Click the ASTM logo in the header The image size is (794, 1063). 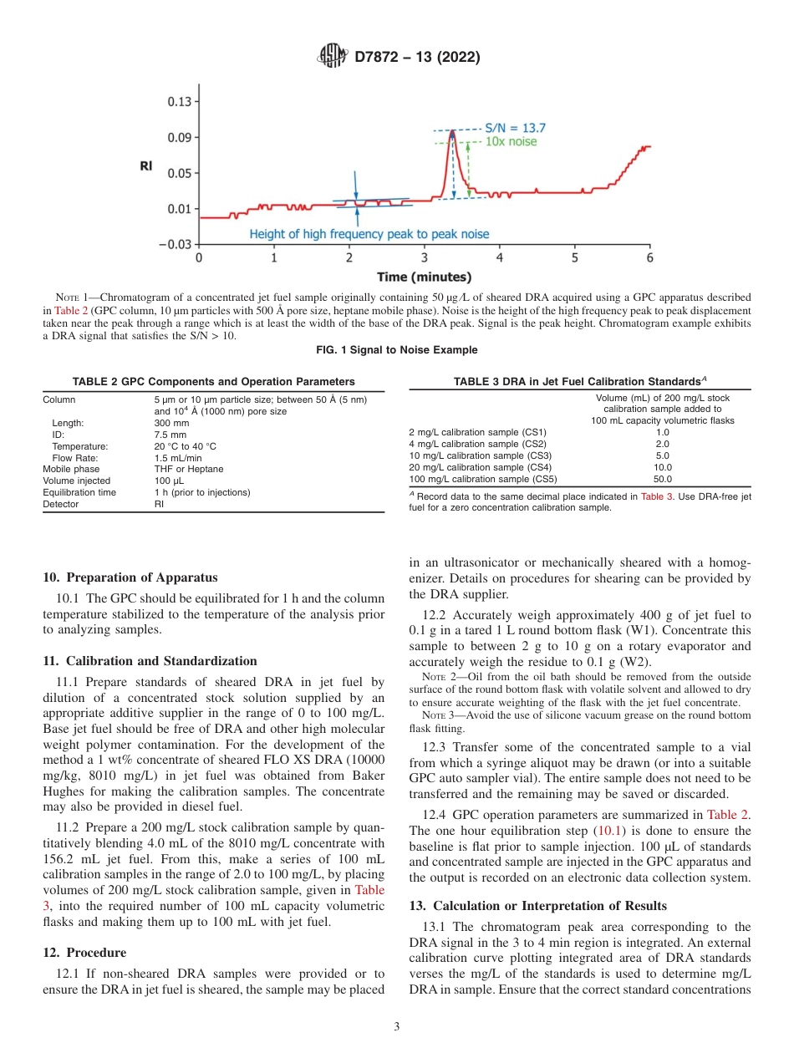(x=333, y=58)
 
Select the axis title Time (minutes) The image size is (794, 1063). (x=423, y=277)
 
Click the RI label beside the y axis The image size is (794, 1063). (x=145, y=166)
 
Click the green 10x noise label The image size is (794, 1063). (x=511, y=142)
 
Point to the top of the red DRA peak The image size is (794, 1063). (x=452, y=131)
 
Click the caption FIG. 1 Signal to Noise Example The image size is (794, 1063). (x=397, y=349)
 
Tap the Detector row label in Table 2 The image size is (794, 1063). (x=60, y=504)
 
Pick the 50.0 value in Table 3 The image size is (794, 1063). (x=662, y=480)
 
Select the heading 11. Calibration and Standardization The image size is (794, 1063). (x=150, y=661)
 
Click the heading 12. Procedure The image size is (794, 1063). (x=84, y=953)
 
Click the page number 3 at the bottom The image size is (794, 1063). (x=396, y=1027)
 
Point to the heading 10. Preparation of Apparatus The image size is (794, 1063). (x=130, y=577)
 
